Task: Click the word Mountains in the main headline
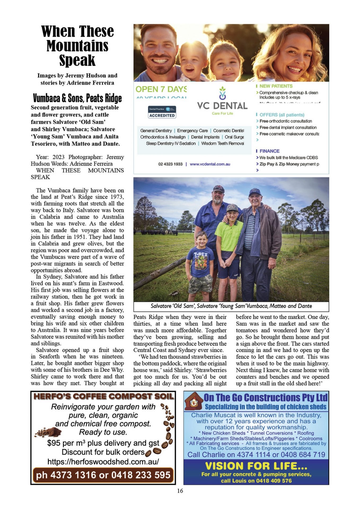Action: pos(77,46)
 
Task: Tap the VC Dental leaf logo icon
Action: pos(222,93)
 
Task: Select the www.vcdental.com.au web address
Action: pos(210,164)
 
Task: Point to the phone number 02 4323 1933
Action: pos(170,164)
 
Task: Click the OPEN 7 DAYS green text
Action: pos(161,89)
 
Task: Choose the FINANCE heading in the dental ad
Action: pos(269,151)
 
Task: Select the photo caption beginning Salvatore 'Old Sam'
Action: pos(231,306)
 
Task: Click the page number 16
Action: pos(180,491)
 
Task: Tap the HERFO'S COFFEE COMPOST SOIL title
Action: pos(103,396)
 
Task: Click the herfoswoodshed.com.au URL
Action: pos(103,462)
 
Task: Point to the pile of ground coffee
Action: pos(49,432)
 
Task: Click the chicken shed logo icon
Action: pos(194,402)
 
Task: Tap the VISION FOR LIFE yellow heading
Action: pos(256,466)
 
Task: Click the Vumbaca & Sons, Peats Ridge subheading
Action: pos(77,98)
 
